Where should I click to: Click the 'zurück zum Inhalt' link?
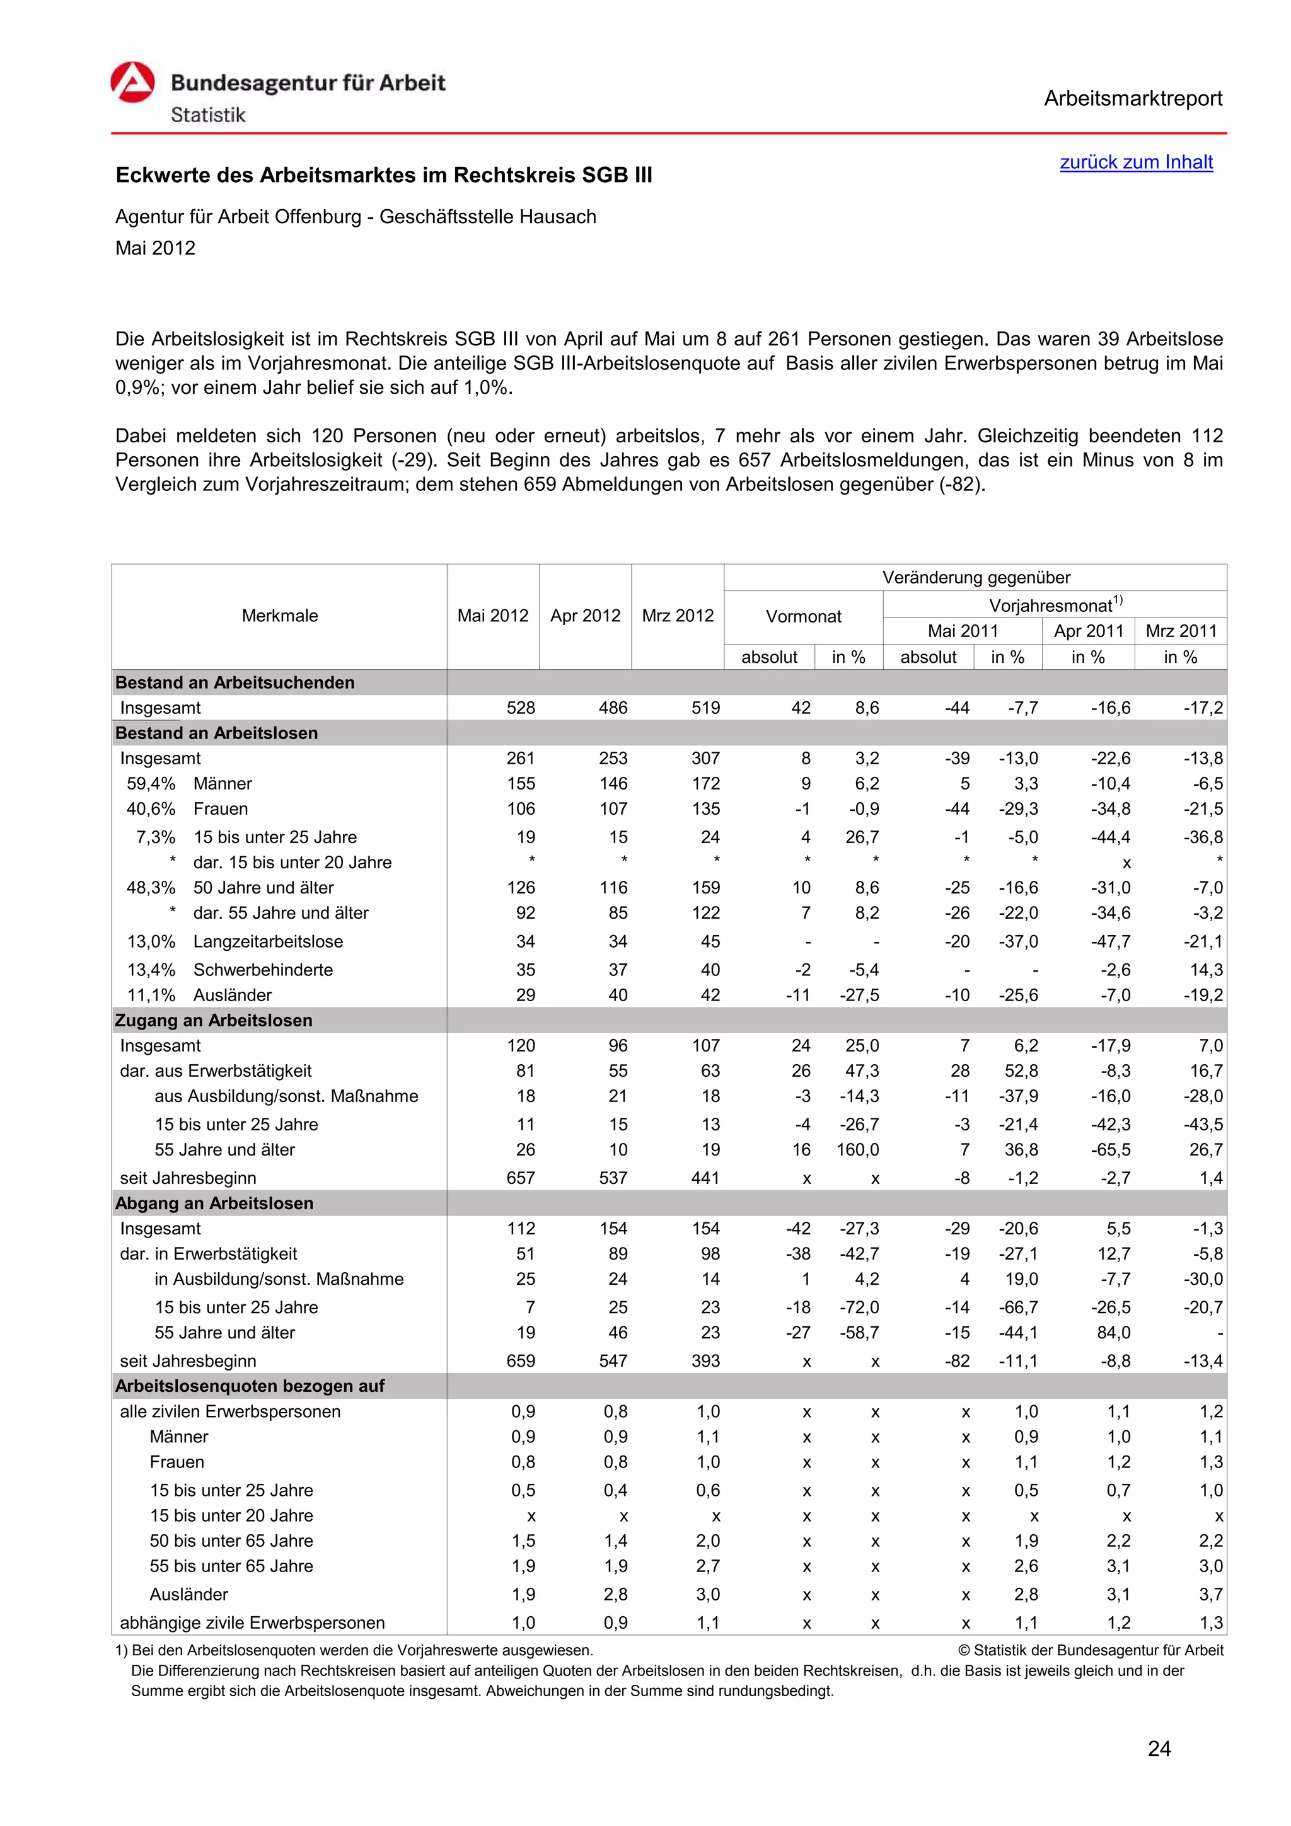pos(1135,162)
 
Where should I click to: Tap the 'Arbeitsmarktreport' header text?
pos(1132,99)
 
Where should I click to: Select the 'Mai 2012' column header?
pos(492,616)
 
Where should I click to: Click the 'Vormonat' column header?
pos(802,616)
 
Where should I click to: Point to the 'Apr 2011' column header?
pos(1087,631)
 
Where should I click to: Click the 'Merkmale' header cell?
pos(279,616)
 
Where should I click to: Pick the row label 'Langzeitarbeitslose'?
pos(267,941)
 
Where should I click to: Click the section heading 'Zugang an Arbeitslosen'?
pos(213,1020)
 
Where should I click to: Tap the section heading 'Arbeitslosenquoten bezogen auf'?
pos(249,1386)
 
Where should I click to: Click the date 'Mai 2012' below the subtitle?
pos(155,248)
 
